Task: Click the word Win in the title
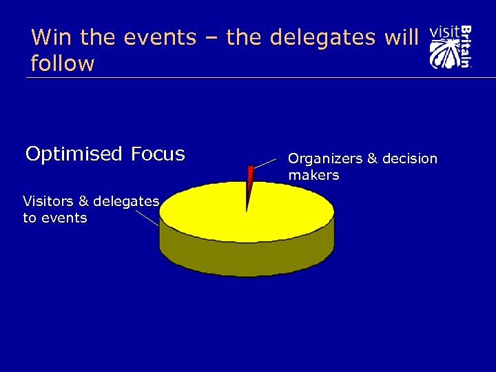point(49,37)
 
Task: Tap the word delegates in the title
point(322,37)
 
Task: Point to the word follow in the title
point(63,64)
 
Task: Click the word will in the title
point(402,37)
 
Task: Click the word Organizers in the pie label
point(325,159)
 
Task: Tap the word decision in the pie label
point(409,158)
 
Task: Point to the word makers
point(313,176)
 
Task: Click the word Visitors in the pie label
point(48,201)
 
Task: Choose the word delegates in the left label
point(127,201)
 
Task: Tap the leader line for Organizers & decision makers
point(269,163)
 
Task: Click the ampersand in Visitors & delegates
point(83,201)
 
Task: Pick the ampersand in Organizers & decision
point(372,159)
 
